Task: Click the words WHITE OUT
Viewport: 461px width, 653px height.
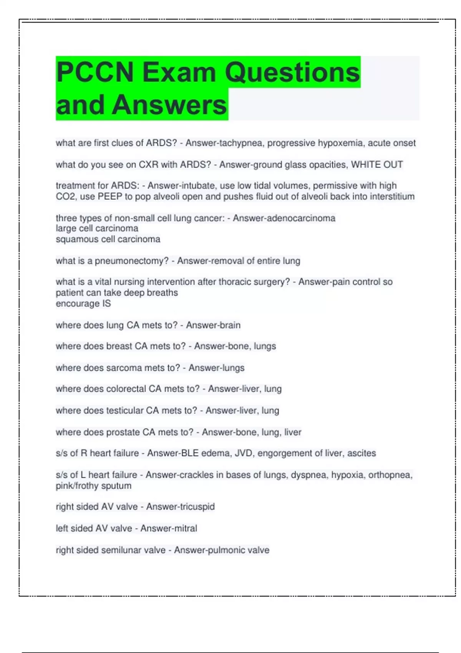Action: pyautogui.click(x=377, y=165)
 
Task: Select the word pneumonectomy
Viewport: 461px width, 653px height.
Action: pyautogui.click(x=132, y=261)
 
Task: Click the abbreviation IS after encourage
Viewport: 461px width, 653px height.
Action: pyautogui.click(x=106, y=304)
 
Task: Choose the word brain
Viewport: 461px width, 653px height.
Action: pyautogui.click(x=229, y=325)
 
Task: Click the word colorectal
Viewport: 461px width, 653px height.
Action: pyautogui.click(x=126, y=389)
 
